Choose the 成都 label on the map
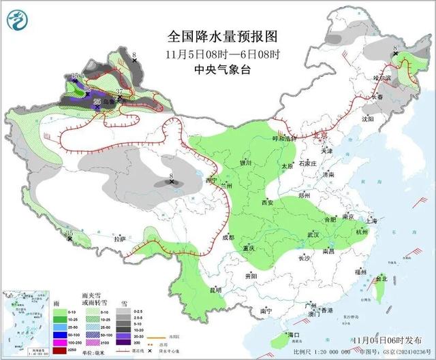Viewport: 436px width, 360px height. (228, 238)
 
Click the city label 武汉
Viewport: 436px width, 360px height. (313, 234)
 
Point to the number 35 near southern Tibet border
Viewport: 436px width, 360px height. (69, 233)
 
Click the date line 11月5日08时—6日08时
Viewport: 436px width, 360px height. (217, 54)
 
